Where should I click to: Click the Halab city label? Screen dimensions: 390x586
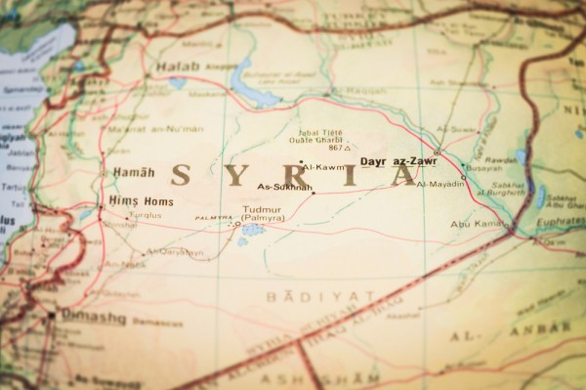tap(177, 66)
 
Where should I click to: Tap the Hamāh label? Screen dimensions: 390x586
tap(133, 172)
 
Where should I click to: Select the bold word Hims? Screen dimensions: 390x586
tap(124, 201)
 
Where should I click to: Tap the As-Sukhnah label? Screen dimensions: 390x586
tap(284, 187)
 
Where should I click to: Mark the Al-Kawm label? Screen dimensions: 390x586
tap(324, 167)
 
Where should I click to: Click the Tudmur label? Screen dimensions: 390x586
tap(260, 209)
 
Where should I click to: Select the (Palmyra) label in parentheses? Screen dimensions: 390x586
tap(263, 218)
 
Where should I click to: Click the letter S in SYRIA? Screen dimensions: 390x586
tap(180, 175)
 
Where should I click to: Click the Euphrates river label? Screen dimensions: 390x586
tap(561, 222)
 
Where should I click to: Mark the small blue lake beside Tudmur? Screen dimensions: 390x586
tap(252, 231)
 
